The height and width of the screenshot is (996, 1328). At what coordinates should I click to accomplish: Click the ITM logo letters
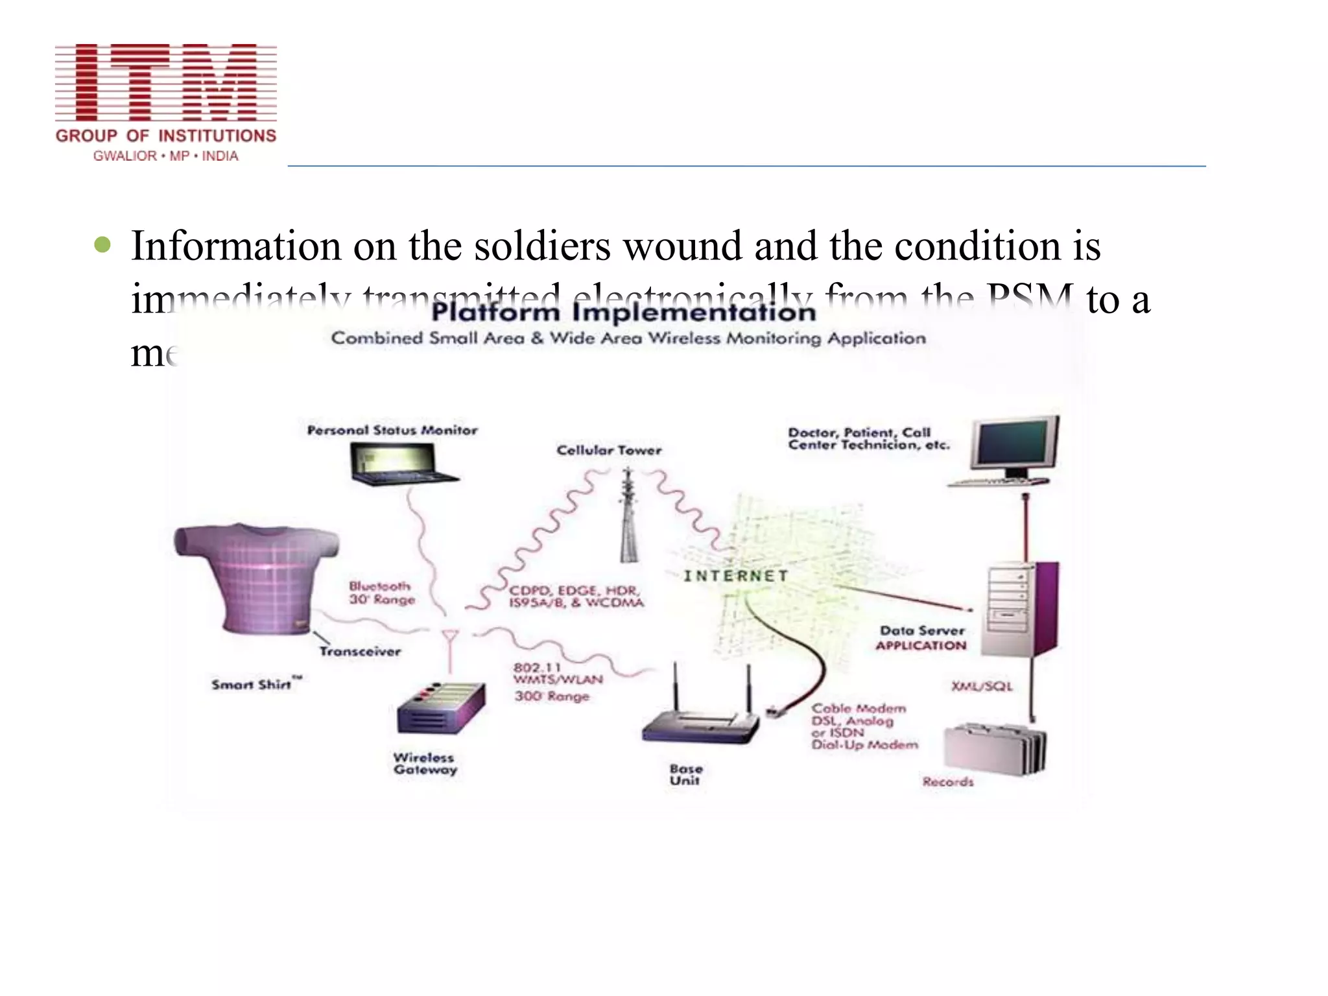click(166, 82)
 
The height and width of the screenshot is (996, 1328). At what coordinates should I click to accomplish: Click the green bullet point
click(102, 245)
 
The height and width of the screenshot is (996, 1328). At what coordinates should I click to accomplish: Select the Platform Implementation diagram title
click(623, 313)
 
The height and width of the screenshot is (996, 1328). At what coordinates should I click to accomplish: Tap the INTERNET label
click(736, 576)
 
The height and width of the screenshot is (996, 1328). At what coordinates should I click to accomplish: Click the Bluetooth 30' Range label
click(381, 593)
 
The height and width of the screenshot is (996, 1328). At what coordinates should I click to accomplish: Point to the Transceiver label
click(360, 651)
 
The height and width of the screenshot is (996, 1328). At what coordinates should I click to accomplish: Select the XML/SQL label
click(981, 686)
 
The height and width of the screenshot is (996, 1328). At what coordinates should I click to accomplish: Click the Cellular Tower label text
click(609, 450)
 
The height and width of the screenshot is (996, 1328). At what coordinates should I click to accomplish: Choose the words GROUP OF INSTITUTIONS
click(166, 136)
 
